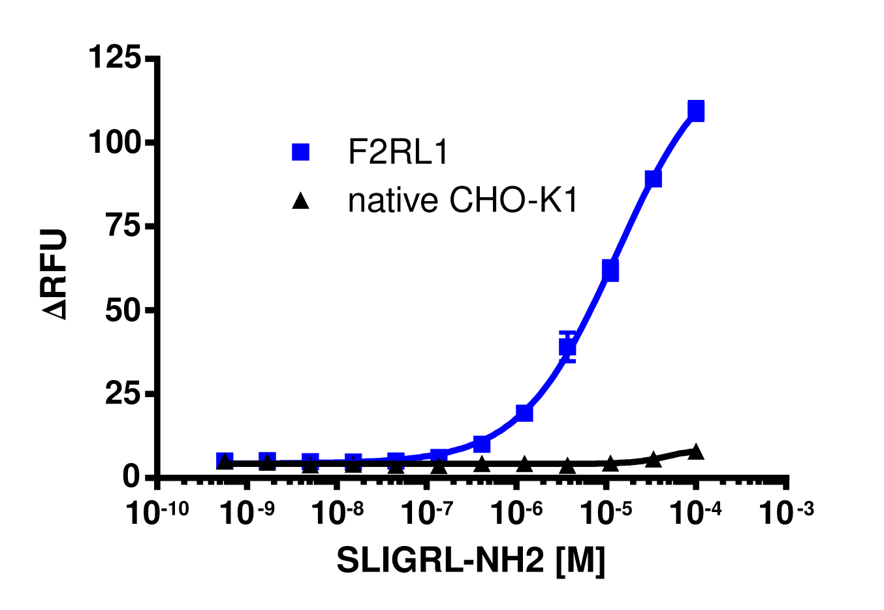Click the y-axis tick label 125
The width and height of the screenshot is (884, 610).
115,58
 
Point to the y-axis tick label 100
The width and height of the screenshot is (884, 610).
115,142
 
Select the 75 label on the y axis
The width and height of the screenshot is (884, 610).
123,226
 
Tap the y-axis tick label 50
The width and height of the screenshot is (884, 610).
123,310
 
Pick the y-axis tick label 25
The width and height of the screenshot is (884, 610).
123,394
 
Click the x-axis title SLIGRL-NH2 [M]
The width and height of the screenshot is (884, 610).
471,560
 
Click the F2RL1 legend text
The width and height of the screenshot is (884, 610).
398,153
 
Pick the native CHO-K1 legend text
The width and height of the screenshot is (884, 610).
463,201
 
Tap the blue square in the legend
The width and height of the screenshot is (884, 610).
300,152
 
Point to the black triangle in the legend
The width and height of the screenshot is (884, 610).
300,201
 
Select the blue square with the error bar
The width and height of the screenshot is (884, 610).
568,347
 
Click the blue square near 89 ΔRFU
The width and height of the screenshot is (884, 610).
653,178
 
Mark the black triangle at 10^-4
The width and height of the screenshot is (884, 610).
696,451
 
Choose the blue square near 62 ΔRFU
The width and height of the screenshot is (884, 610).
610,270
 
